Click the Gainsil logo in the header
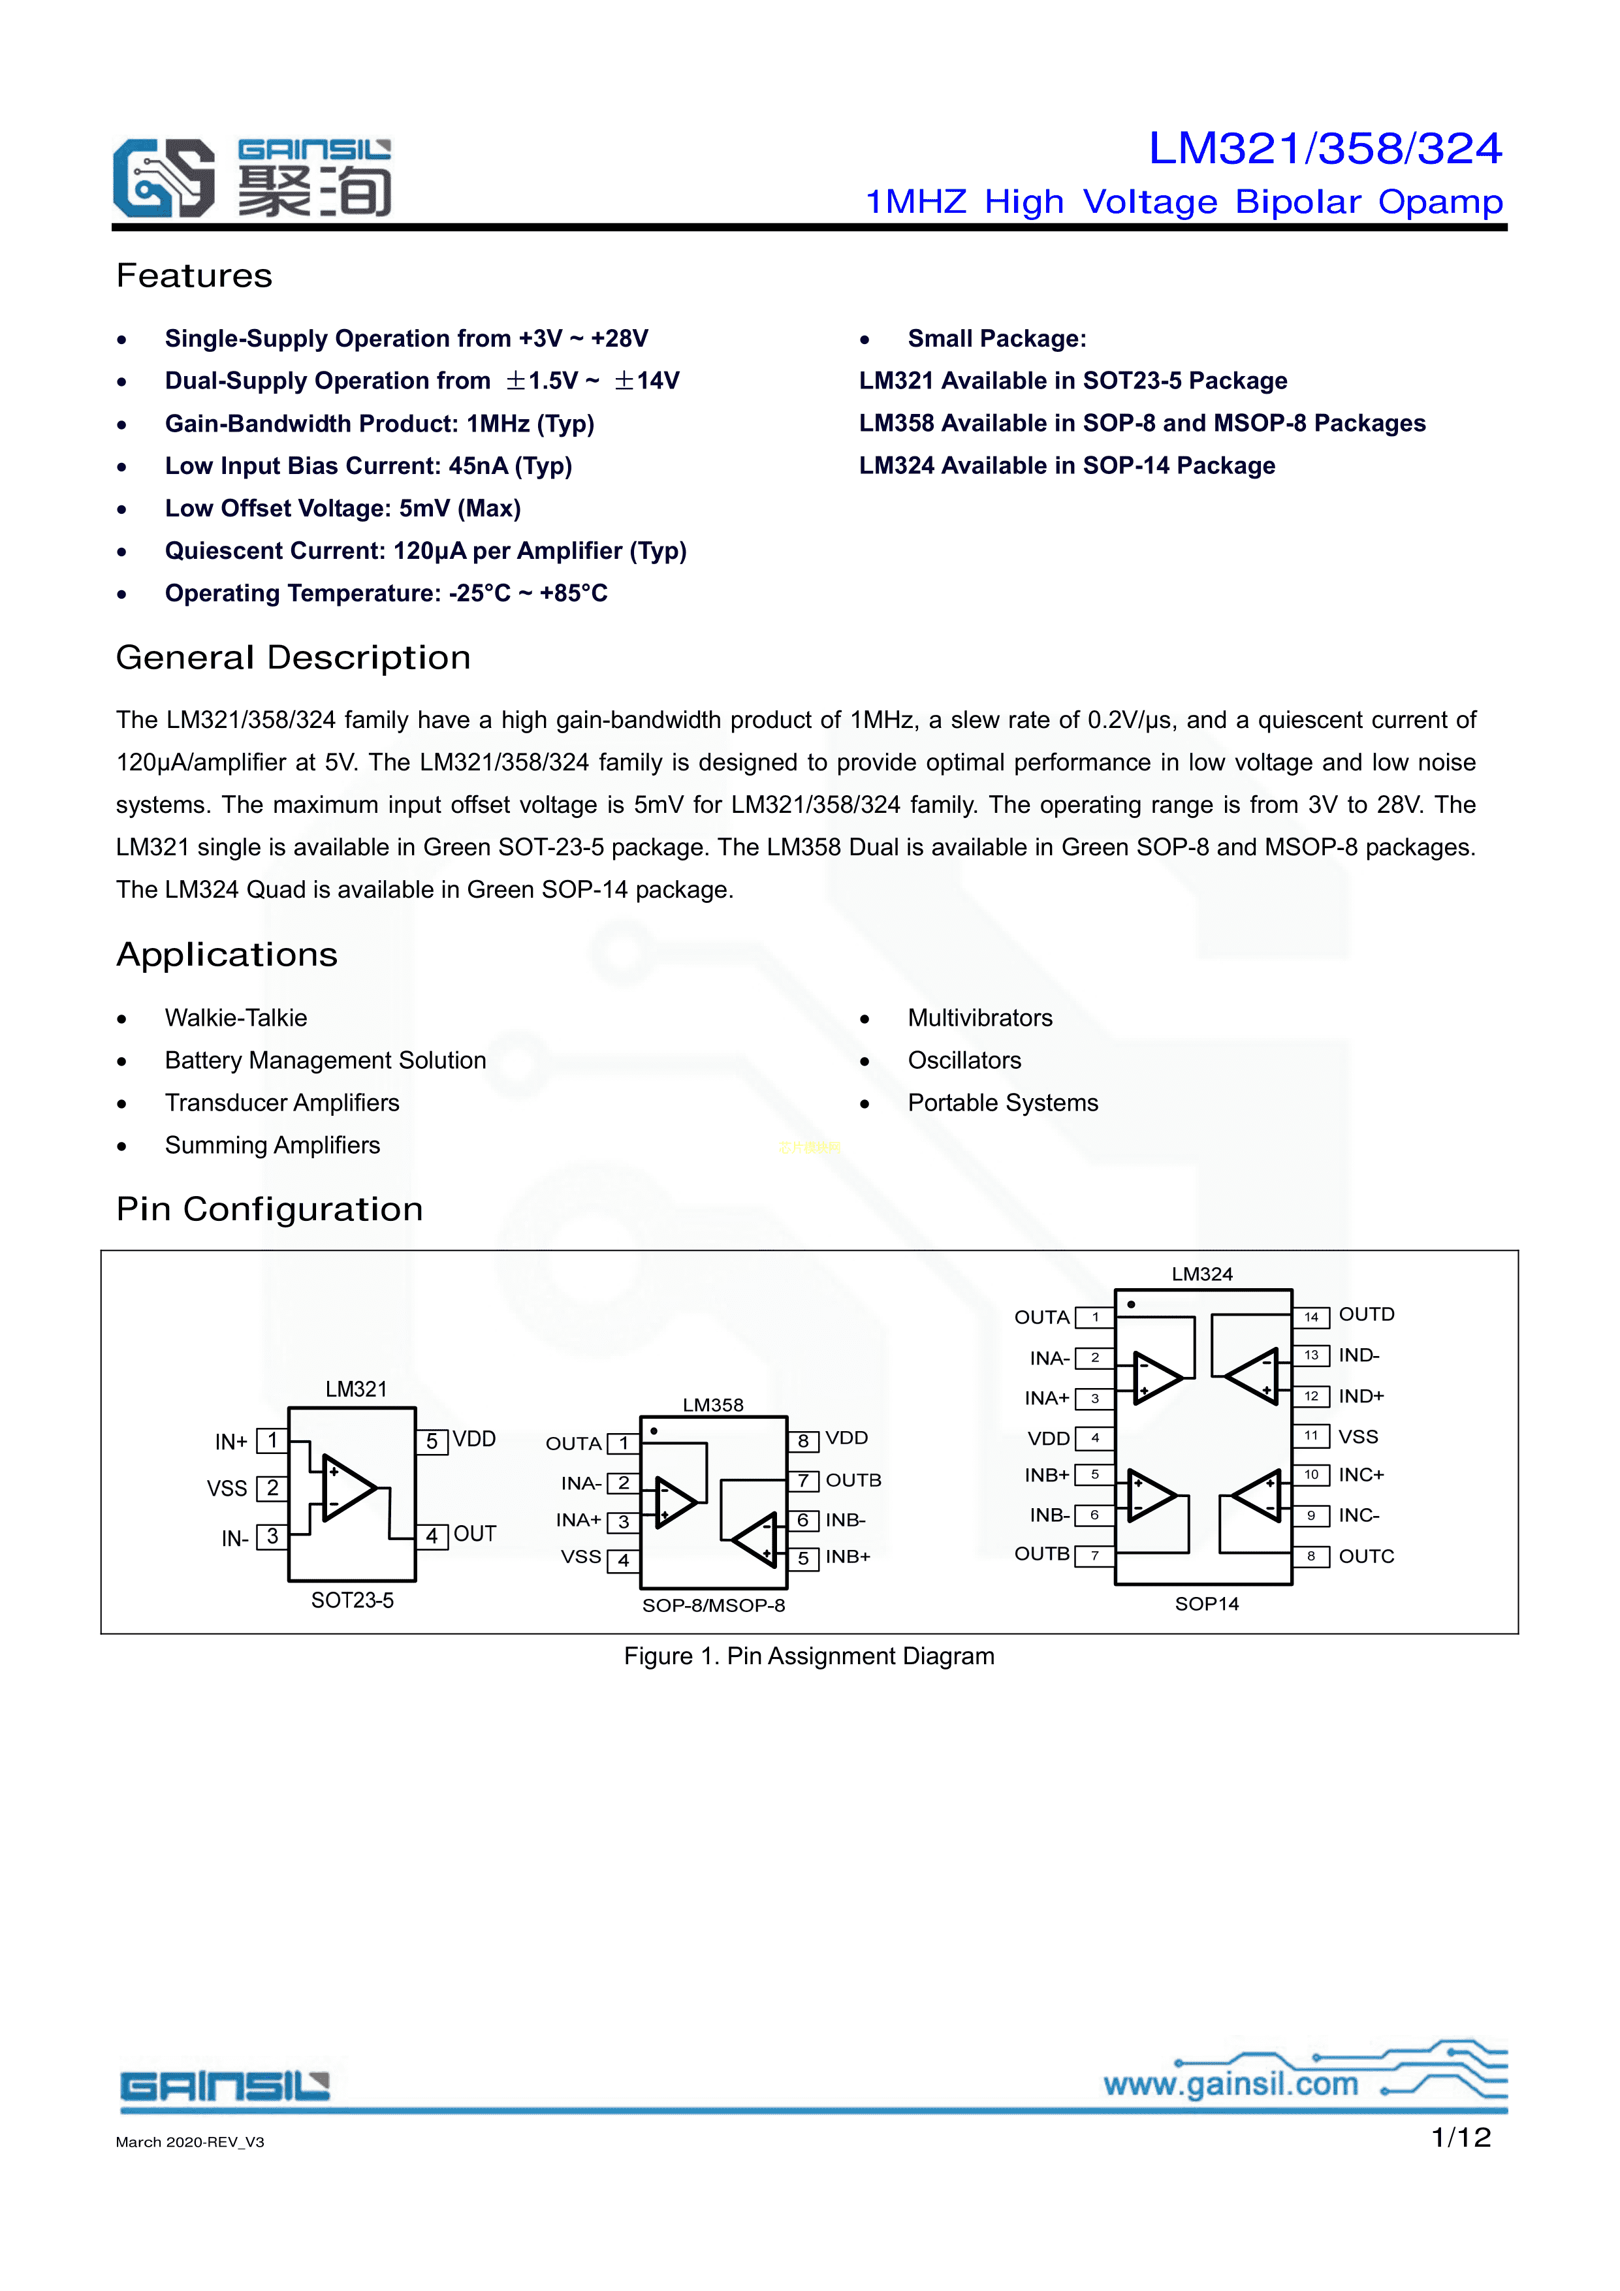tap(251, 178)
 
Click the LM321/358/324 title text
tap(1325, 149)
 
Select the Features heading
tap(194, 276)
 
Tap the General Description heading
tap(293, 657)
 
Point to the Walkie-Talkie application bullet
tap(236, 1018)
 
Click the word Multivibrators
tap(979, 1018)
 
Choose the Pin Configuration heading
tap(270, 1209)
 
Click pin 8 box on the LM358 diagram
tap(802, 1440)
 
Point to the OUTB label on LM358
tap(853, 1479)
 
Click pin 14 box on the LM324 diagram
tap(1310, 1316)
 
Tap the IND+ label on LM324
tap(1361, 1396)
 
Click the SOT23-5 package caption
tap(353, 1600)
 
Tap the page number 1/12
tap(1460, 2138)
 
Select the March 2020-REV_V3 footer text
tap(189, 2142)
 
